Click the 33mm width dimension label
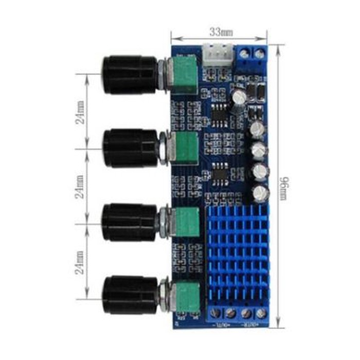coord(220,32)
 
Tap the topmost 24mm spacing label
coord(80,113)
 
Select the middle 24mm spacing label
coord(80,187)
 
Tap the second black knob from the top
coord(130,148)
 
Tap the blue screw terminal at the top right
coord(252,57)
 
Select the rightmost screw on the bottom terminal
coord(261,313)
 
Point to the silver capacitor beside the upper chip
coord(238,97)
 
